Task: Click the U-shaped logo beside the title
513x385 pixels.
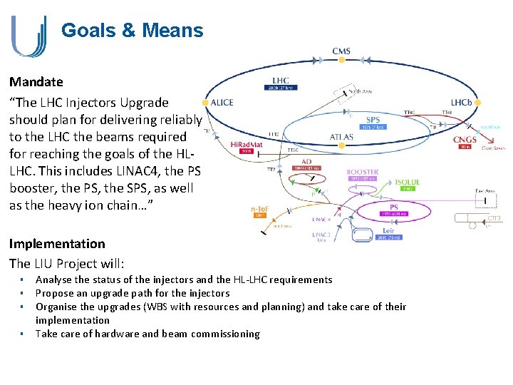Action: pos(28,36)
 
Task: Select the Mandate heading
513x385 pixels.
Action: pos(36,82)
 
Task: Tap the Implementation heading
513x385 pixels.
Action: pos(57,244)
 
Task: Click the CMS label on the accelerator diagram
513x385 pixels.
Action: pos(341,51)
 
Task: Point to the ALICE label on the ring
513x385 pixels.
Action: pos(222,103)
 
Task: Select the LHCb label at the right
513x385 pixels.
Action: pos(461,103)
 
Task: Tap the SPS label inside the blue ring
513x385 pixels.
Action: pos(373,120)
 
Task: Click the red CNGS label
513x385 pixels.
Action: pos(465,140)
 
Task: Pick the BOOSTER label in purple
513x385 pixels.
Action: pos(362,173)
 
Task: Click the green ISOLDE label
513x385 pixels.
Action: pos(408,183)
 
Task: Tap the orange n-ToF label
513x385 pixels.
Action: pos(258,210)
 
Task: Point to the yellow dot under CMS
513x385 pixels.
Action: pos(341,61)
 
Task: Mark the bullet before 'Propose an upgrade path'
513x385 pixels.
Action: pos(23,293)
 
